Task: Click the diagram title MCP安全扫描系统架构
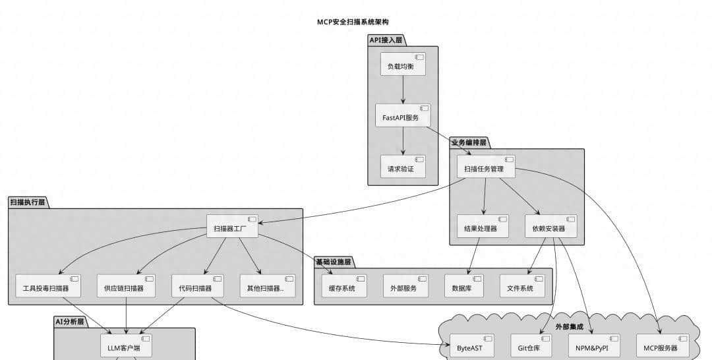357,22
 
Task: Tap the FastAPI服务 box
403,116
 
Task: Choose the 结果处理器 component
483,227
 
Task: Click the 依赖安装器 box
550,227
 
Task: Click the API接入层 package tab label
386,40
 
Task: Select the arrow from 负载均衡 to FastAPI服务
403,90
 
